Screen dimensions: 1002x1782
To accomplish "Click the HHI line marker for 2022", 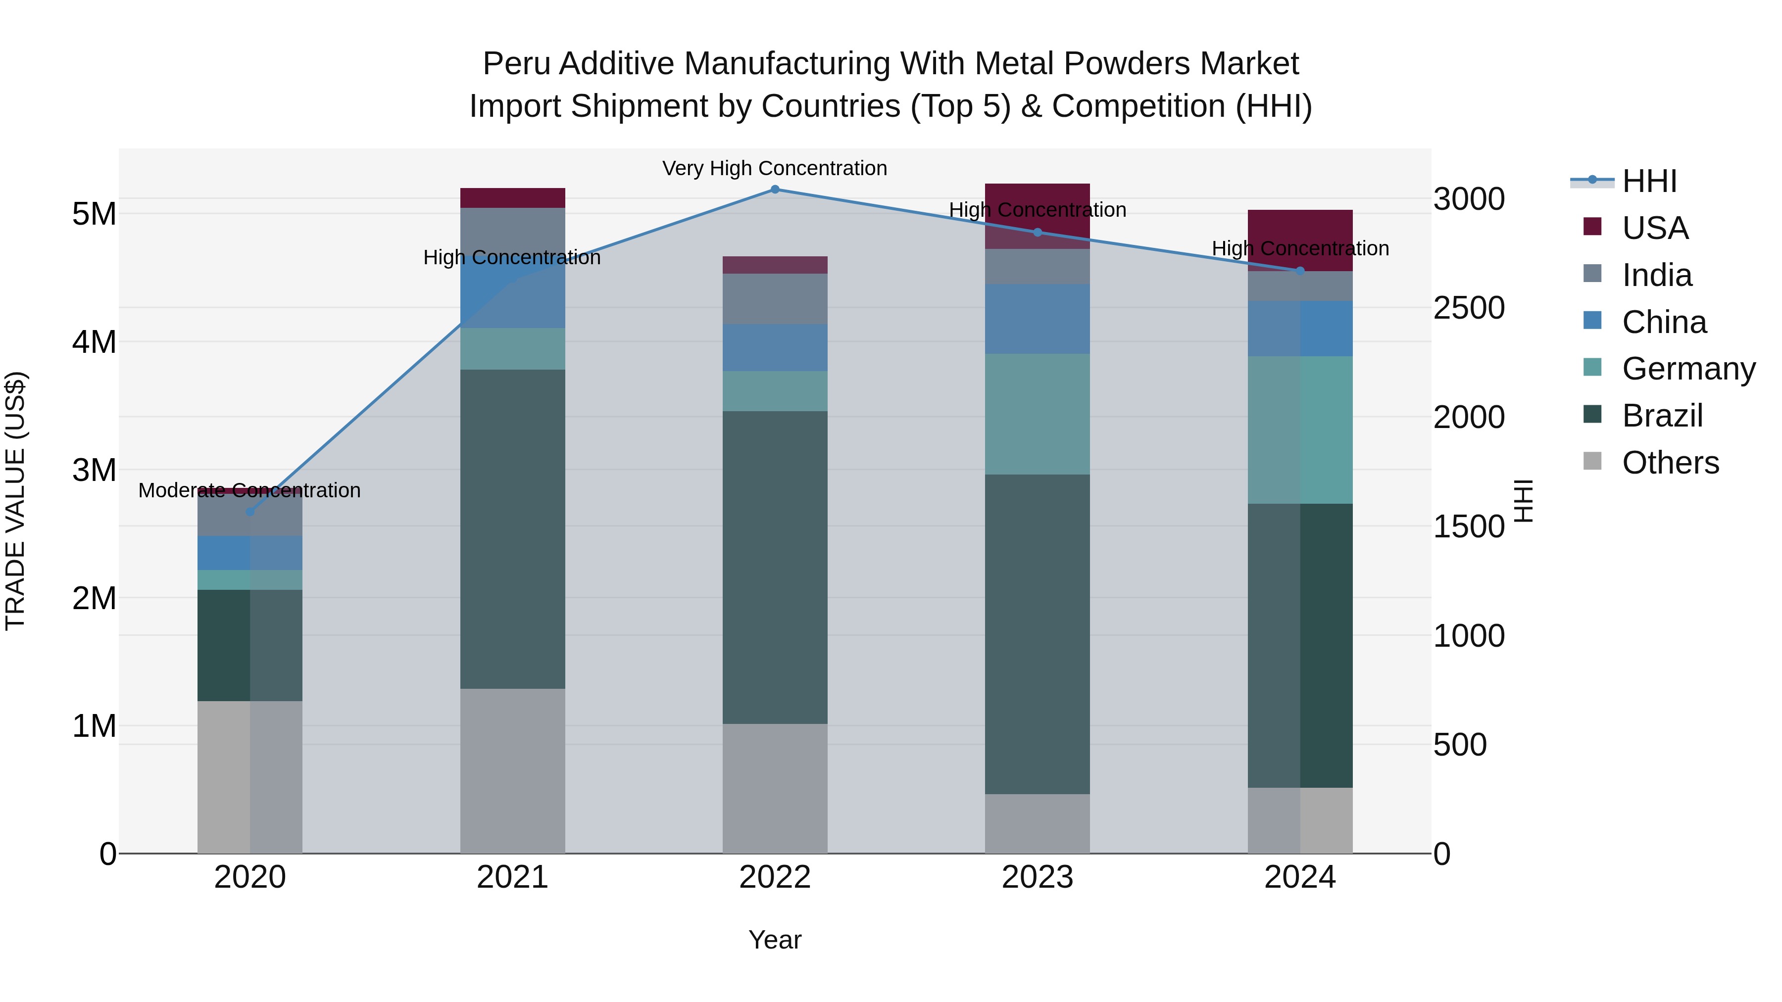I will (775, 190).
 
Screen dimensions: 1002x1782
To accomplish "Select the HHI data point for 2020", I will (250, 512).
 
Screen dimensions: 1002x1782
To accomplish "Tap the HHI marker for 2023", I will (1037, 233).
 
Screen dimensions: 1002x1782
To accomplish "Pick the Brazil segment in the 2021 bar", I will (513, 529).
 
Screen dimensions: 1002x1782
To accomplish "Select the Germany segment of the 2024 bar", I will (1300, 430).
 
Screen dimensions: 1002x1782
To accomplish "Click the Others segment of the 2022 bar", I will (775, 788).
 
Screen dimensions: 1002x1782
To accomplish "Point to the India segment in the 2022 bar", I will (775, 299).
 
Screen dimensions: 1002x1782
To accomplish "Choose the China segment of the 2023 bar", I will (1037, 319).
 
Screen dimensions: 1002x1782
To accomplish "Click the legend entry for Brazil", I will (1662, 416).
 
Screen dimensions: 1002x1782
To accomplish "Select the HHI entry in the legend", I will (1649, 181).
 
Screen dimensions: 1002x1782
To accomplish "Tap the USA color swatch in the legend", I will (1592, 227).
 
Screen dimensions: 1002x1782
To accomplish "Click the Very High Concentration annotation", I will (775, 168).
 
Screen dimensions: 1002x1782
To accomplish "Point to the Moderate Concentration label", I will (250, 490).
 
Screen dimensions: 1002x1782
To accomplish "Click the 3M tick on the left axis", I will (94, 470).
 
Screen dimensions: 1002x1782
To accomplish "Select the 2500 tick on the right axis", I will (1469, 308).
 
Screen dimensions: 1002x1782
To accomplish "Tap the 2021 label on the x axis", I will (513, 877).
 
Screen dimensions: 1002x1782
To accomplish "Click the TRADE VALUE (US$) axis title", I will (16, 501).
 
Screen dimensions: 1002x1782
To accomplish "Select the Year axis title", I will (775, 940).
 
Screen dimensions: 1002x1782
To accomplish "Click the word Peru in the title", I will (509, 64).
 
